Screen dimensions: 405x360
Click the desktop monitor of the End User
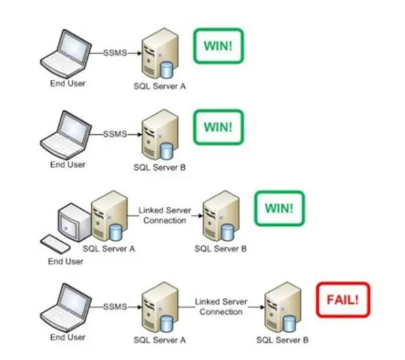tap(73, 223)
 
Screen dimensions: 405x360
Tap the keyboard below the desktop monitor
tap(55, 244)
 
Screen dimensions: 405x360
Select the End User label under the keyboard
tap(66, 261)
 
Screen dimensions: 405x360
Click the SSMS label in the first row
tap(115, 53)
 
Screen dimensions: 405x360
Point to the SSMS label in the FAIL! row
tap(115, 306)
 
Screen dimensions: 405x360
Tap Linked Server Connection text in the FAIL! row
tap(221, 306)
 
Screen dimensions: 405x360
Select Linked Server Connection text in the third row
tap(164, 215)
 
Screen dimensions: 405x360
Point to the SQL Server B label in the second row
tap(160, 168)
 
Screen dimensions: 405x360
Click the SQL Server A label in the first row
tap(160, 86)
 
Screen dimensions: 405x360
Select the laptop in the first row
tap(66, 54)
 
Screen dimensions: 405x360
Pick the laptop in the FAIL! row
tap(66, 308)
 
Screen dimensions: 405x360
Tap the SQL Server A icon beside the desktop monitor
tap(109, 216)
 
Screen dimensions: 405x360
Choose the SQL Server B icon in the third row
tap(222, 216)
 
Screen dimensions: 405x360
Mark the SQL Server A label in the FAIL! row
tap(160, 340)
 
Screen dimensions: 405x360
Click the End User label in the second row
tap(67, 164)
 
